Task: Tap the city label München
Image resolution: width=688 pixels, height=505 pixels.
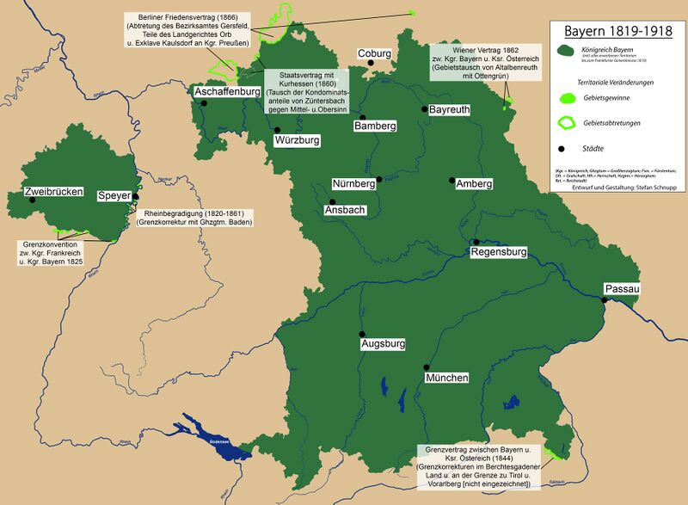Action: coord(446,379)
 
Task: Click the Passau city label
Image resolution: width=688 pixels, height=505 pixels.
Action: coord(622,290)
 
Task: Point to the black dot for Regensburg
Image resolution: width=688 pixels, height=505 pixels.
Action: coord(475,242)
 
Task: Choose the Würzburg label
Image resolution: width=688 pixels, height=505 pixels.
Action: coord(298,139)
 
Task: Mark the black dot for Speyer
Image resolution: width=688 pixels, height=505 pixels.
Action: coord(136,197)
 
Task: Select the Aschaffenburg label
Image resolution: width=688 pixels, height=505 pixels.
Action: coord(229,91)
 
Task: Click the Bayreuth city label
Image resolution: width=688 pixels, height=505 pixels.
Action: coord(451,111)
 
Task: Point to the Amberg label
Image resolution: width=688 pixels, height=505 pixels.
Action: coord(474,184)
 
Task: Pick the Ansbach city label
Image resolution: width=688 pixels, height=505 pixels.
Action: coord(347,210)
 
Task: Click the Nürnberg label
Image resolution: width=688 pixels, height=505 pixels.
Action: coord(353,184)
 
